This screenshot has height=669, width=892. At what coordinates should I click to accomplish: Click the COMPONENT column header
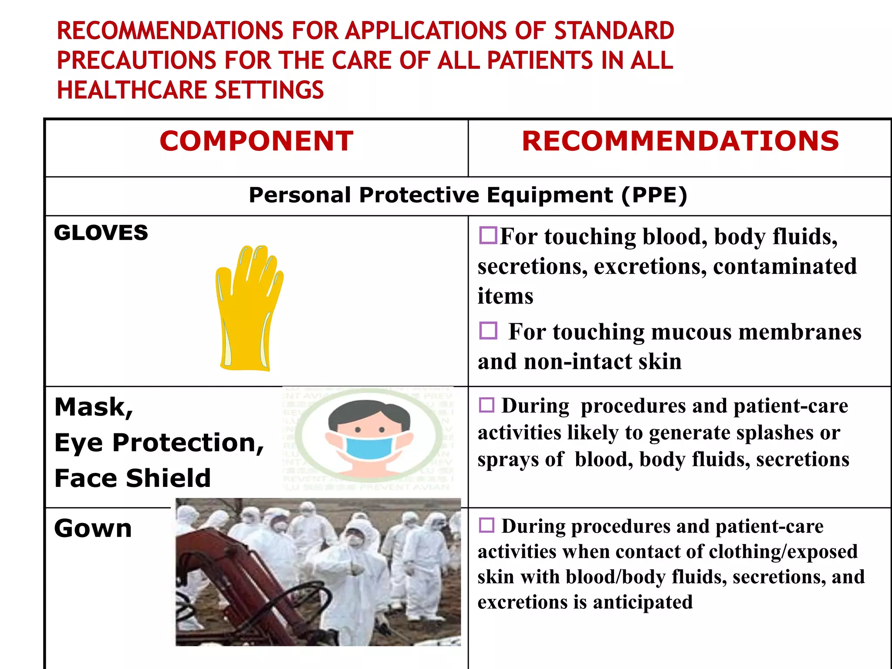point(257,141)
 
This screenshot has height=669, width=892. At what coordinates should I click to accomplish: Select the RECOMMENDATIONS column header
point(680,141)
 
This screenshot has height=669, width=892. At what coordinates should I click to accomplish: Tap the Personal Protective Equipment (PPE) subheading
point(468,195)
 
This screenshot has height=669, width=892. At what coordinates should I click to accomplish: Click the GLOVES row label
point(101,233)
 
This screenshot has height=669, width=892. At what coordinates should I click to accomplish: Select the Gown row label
point(93,528)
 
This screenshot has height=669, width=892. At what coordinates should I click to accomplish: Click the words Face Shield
point(133,478)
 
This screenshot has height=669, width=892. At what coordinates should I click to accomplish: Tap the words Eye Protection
point(159,443)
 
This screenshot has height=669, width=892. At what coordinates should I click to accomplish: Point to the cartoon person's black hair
point(368,412)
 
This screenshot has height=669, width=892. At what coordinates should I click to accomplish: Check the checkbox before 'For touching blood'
point(488,235)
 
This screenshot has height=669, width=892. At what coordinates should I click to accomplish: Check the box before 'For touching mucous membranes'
point(488,331)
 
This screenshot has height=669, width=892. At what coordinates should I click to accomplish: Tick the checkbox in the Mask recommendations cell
point(487,405)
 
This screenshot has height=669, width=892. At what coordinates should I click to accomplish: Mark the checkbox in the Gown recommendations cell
point(487,525)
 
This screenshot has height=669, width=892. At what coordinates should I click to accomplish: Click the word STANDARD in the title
point(614,31)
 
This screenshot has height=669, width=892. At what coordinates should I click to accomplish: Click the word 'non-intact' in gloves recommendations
point(577,362)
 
